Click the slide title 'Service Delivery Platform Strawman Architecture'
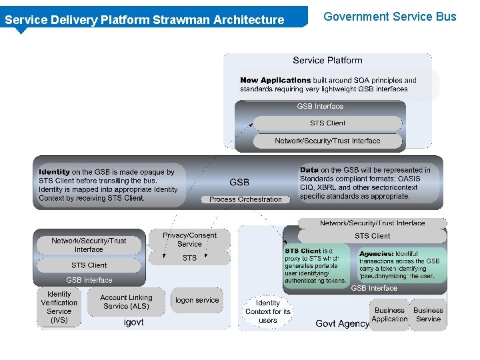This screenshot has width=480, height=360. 144,20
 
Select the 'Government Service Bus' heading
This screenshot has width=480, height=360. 390,17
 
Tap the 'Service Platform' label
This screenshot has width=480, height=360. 327,61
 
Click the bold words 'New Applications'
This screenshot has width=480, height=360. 275,80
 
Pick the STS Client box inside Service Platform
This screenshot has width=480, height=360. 327,123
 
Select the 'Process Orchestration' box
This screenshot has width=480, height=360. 245,199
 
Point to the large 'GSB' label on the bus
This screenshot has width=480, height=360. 239,182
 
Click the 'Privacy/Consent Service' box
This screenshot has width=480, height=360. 189,240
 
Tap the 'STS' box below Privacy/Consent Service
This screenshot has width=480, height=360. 189,258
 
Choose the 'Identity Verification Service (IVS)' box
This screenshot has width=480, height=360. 59,307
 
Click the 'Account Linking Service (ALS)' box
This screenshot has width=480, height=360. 126,302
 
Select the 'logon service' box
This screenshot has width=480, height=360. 197,300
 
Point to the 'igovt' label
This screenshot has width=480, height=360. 133,322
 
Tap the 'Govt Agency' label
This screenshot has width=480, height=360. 342,323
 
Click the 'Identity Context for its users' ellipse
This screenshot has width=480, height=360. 268,311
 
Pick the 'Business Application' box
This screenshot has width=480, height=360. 390,315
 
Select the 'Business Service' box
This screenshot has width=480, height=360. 428,315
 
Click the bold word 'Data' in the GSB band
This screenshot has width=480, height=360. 309,170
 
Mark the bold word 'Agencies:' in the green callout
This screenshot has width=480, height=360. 376,254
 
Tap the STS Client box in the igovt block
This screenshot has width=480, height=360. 89,265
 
